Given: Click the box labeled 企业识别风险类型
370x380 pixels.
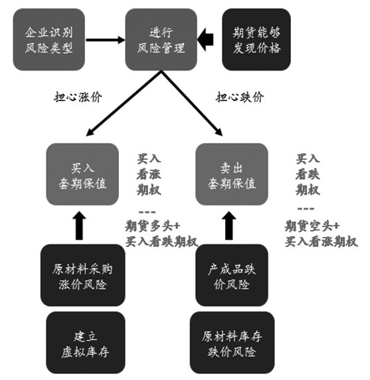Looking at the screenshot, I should [x=48, y=39].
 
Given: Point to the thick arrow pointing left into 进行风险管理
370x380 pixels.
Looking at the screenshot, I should [x=207, y=39].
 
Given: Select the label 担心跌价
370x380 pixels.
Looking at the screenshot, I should [x=240, y=96].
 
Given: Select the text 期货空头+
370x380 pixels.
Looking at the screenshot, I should [x=312, y=224].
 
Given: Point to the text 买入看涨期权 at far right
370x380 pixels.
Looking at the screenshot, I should [x=322, y=241].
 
